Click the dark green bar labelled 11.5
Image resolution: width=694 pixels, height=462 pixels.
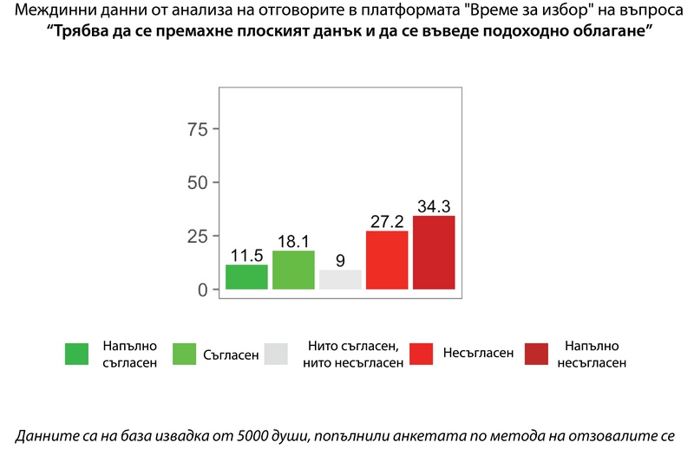246,277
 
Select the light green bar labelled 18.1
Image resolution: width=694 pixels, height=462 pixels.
293,270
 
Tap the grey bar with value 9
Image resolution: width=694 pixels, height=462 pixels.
340,279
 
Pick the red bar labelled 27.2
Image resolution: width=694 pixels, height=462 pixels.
387,260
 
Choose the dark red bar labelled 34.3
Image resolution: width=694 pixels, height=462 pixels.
434,252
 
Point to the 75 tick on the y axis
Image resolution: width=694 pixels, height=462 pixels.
198,129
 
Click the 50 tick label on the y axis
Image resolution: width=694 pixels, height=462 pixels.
198,183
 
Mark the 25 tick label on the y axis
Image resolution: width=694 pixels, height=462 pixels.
198,236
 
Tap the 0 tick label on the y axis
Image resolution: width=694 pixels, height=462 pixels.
203,290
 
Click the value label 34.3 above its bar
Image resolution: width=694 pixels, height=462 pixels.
434,206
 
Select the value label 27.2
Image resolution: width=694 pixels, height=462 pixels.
387,221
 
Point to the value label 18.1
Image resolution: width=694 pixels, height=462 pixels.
293,241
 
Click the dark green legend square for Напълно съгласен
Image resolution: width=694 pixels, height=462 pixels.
76,354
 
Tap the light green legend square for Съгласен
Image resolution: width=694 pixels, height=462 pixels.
184,354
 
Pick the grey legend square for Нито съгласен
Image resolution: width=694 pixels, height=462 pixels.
276,354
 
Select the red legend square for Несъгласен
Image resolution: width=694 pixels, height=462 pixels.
421,354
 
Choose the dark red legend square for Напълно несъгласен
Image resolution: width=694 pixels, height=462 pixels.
537,354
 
